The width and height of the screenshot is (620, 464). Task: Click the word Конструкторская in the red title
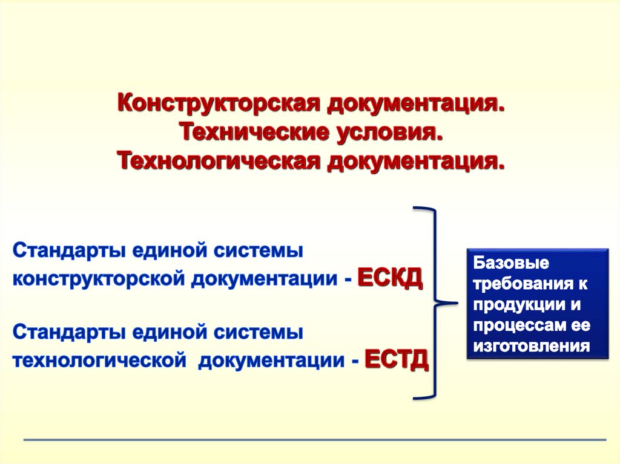218,103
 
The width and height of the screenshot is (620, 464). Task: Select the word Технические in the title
254,132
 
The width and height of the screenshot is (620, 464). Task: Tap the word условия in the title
389,133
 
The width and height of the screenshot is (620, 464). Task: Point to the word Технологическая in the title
218,162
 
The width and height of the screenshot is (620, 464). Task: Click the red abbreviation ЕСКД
391,278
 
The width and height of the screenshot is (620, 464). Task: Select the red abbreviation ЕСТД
397,360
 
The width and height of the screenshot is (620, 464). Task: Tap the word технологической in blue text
99,360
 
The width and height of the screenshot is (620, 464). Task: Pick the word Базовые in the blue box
511,263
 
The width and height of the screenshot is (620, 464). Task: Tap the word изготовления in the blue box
532,346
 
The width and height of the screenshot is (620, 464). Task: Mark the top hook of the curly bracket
424,209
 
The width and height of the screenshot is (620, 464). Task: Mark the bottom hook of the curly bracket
424,397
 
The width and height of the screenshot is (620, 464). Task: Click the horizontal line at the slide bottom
315,439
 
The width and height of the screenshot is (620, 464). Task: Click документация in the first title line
416,104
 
